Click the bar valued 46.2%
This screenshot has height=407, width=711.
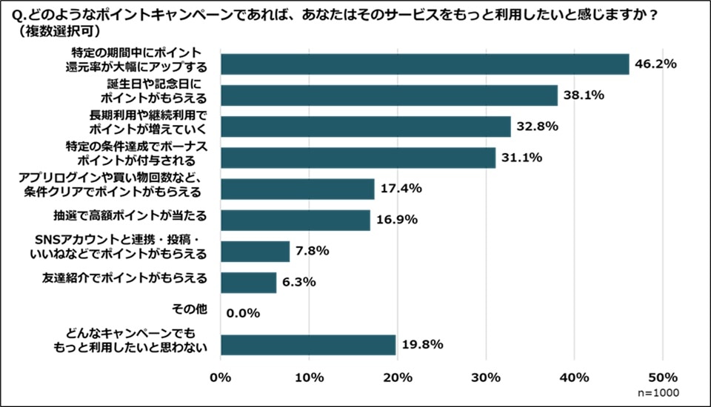click(424, 64)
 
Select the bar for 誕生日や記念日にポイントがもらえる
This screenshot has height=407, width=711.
click(389, 95)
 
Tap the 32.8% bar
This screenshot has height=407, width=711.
click(366, 127)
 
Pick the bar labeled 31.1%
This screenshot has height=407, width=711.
click(358, 158)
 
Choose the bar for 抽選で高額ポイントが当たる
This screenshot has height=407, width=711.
click(296, 220)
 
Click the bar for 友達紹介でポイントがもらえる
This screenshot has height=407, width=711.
click(249, 282)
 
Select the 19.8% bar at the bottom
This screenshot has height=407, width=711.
click(308, 345)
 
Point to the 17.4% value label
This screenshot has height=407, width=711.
click(401, 189)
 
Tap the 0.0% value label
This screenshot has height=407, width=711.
click(243, 313)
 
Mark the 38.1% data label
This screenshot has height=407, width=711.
click(584, 95)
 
